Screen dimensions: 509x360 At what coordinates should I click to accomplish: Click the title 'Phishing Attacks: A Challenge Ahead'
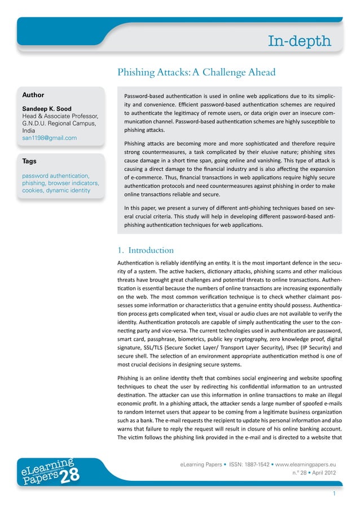(196, 72)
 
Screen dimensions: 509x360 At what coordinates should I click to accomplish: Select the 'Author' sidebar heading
(33, 95)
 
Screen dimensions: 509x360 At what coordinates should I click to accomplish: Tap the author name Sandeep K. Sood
(47, 108)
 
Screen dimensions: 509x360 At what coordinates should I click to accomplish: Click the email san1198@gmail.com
(49, 138)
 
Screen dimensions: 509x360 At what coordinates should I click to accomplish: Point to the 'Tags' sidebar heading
(29, 161)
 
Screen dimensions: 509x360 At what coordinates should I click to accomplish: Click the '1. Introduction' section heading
(145, 250)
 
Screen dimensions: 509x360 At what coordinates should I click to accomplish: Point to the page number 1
(335, 494)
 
